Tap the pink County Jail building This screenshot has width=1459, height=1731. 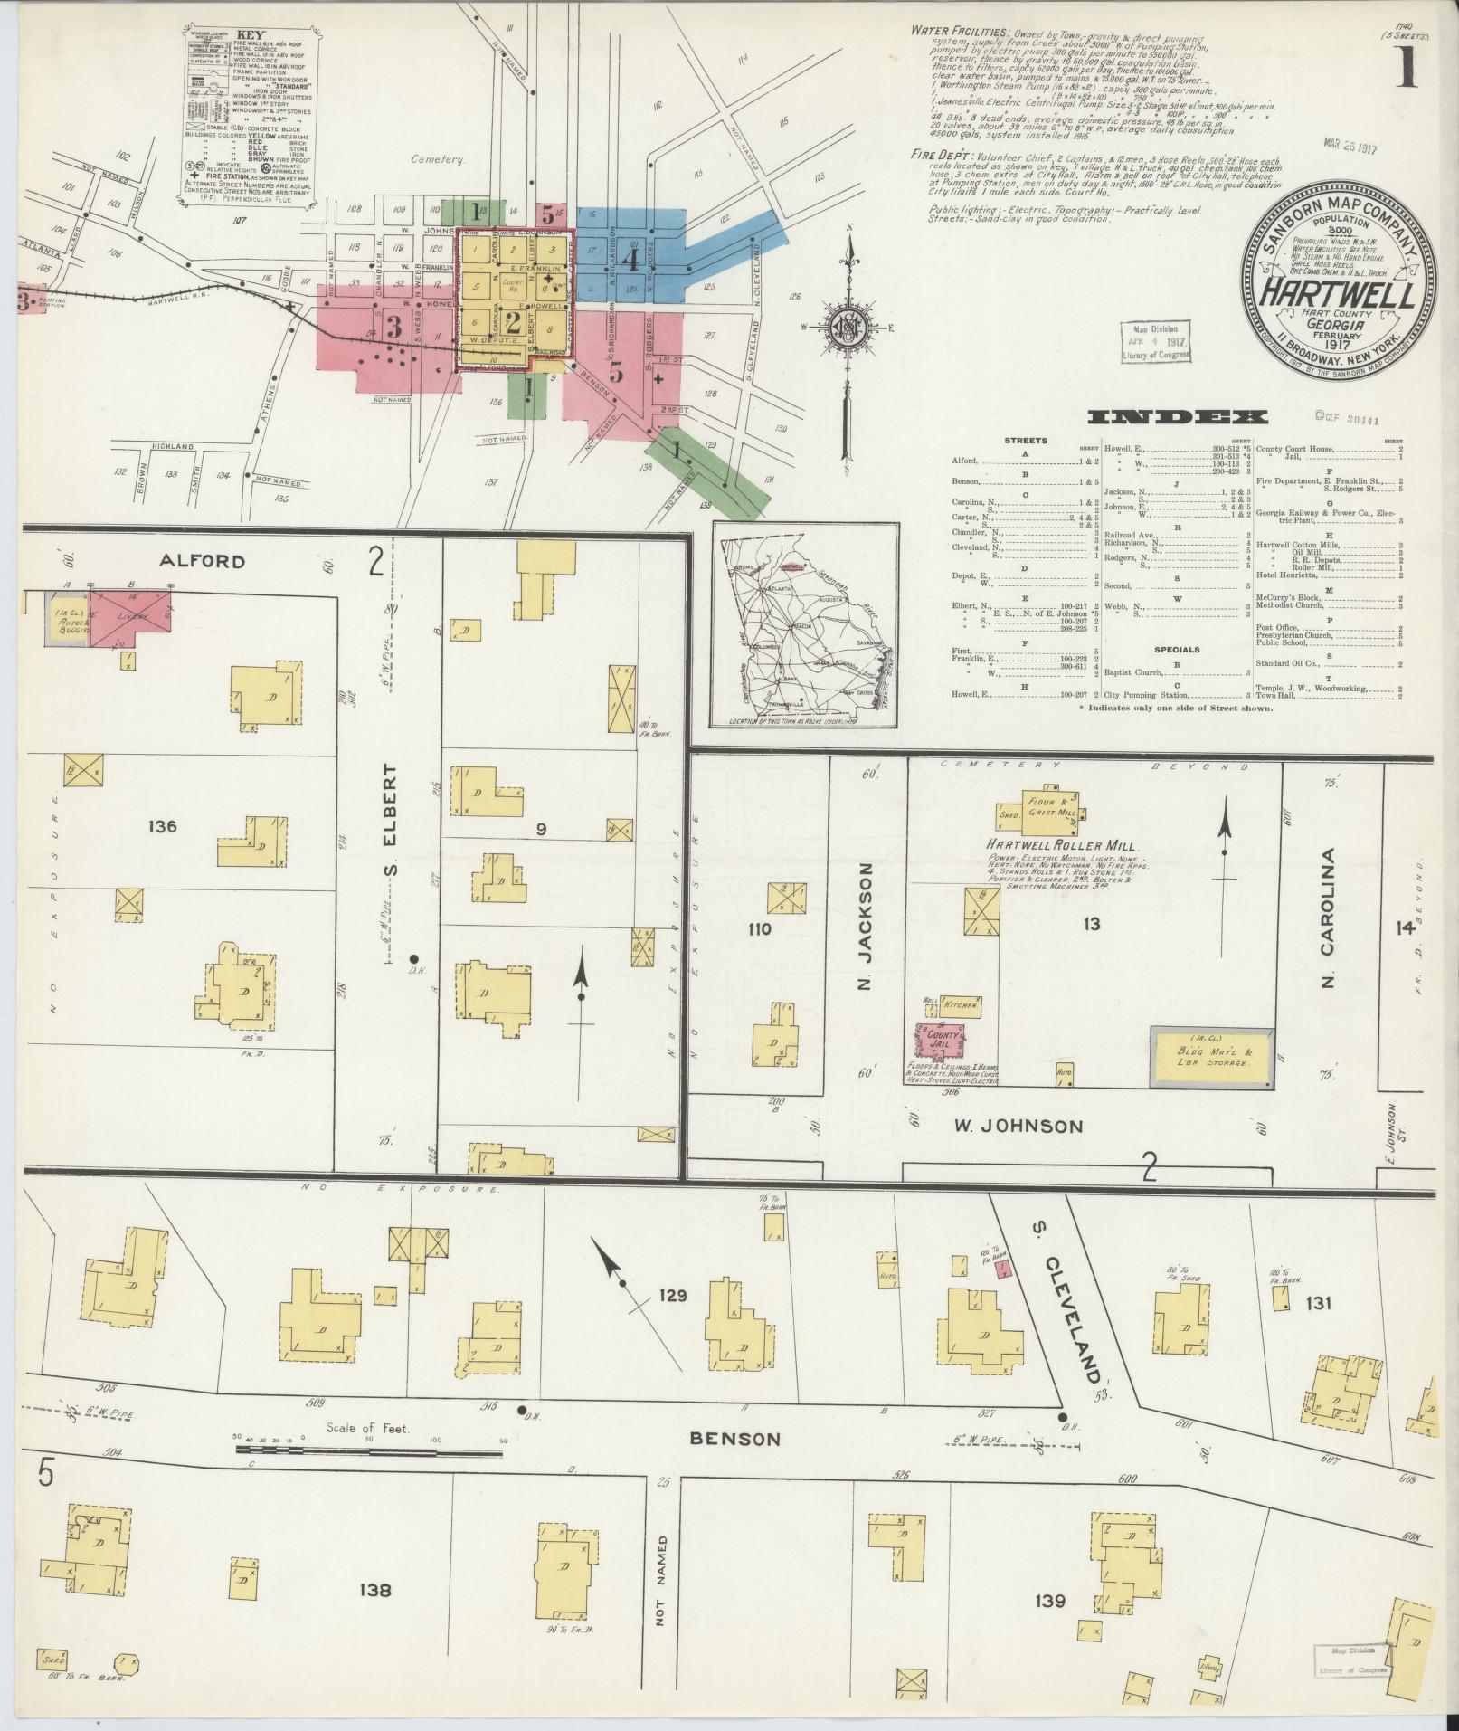click(x=940, y=1039)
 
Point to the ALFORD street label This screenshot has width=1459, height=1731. click(x=202, y=561)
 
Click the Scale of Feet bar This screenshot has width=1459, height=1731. click(x=368, y=1476)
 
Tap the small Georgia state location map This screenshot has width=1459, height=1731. click(x=804, y=624)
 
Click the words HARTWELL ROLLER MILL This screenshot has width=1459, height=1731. click(x=1056, y=844)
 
